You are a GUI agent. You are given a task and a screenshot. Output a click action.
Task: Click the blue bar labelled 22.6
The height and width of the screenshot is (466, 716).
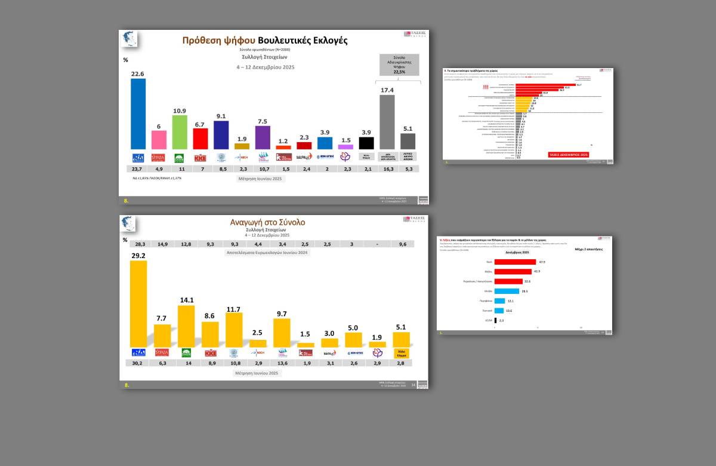(138, 114)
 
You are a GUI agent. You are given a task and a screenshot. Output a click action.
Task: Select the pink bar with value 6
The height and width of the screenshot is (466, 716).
(159, 140)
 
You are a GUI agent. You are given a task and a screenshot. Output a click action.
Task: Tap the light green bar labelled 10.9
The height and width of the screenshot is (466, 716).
(180, 132)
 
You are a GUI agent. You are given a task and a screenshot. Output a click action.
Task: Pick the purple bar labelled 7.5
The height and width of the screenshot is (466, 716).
(263, 137)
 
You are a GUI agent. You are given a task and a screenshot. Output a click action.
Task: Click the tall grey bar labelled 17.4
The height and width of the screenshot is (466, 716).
(387, 122)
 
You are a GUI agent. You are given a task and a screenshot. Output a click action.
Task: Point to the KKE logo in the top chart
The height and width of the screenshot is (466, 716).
(200, 158)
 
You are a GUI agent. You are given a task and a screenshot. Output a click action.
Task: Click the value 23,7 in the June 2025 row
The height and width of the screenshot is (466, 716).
(138, 169)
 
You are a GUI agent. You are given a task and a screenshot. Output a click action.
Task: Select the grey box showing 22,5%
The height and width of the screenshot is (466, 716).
(399, 65)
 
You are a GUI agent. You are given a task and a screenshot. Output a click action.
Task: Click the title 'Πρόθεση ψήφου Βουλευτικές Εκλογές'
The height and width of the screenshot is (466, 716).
(264, 41)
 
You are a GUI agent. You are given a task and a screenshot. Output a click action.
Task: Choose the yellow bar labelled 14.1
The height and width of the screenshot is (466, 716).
(186, 326)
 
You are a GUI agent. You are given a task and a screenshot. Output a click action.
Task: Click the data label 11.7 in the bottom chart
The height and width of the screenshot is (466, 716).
(234, 309)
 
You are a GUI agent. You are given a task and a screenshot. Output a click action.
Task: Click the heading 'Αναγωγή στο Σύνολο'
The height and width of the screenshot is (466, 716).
(271, 222)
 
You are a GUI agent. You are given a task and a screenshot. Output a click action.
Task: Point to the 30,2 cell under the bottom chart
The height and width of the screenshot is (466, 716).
(138, 363)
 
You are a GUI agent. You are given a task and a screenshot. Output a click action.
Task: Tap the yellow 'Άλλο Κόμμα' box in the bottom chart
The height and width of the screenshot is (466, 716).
(401, 353)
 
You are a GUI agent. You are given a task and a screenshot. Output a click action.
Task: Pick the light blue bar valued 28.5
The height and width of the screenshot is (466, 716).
(507, 291)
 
